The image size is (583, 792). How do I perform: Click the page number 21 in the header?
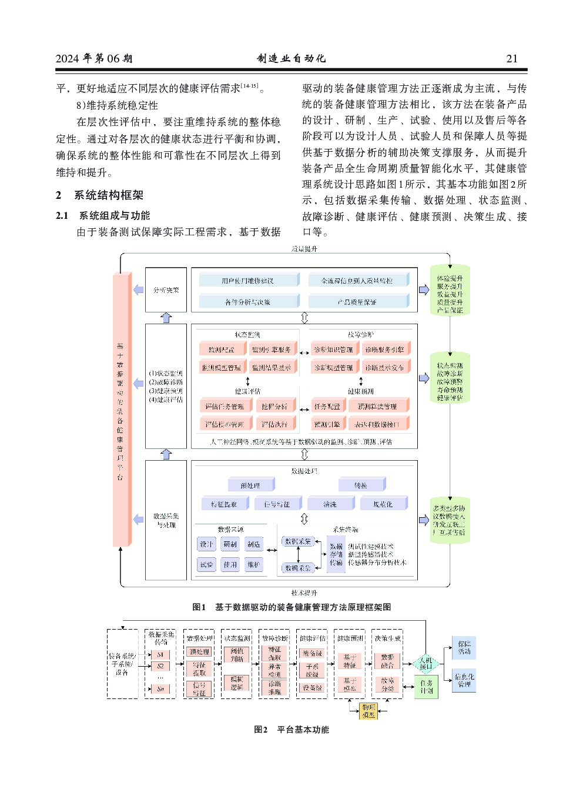click(x=512, y=58)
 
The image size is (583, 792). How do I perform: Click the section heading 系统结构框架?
click(x=108, y=195)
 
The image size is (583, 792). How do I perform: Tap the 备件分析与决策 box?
click(x=247, y=302)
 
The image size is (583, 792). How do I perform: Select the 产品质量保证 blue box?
click(x=357, y=302)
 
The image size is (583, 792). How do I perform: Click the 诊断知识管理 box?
click(x=333, y=350)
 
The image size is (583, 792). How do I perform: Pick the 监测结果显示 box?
click(x=272, y=368)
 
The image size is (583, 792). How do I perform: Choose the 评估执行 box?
click(x=274, y=424)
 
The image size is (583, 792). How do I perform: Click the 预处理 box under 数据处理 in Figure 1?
click(x=250, y=485)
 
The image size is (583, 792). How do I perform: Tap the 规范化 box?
click(x=383, y=504)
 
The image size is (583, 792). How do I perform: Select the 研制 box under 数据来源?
click(x=230, y=544)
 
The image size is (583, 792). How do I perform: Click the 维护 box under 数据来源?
click(x=253, y=565)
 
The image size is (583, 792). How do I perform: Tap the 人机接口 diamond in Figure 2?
click(x=425, y=664)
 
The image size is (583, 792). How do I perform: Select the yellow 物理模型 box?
click(x=368, y=711)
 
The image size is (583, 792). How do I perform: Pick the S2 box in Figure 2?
click(x=160, y=666)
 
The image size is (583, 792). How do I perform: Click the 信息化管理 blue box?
click(x=464, y=680)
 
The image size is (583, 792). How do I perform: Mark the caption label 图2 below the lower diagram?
click(x=260, y=730)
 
